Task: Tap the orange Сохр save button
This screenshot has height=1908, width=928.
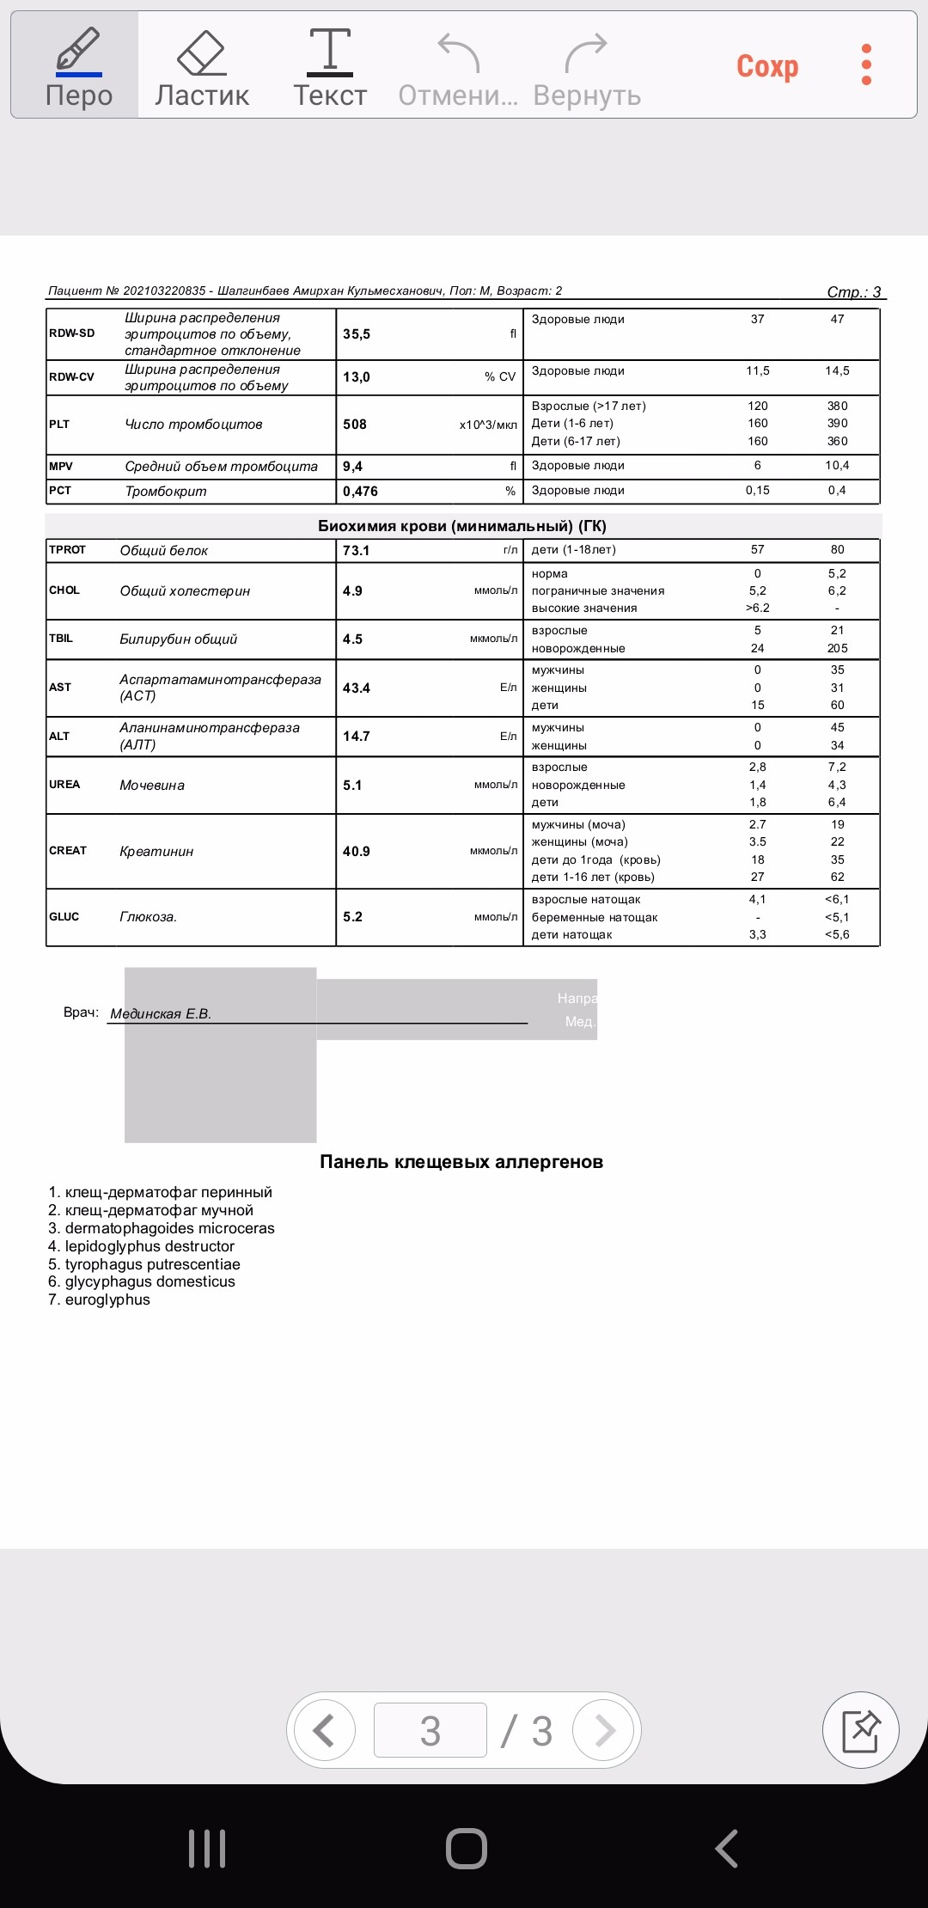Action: click(767, 66)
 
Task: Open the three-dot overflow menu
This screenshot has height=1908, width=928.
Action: click(866, 65)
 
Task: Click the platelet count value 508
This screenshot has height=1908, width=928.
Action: click(355, 425)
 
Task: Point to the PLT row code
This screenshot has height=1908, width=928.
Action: click(59, 425)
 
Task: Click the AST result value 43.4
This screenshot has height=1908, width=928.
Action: click(357, 688)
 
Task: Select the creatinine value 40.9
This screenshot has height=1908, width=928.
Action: click(357, 852)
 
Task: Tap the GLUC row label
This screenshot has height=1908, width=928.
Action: click(64, 917)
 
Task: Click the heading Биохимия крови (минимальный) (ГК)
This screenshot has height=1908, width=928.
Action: click(462, 526)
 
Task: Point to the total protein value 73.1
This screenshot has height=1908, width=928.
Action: click(356, 551)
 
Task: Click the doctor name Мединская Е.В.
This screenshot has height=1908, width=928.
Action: click(161, 1014)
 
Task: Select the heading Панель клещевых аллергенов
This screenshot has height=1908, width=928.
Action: click(461, 1162)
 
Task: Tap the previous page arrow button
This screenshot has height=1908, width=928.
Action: click(324, 1730)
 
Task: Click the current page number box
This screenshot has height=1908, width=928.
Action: click(430, 1730)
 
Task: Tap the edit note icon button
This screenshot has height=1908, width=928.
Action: click(860, 1730)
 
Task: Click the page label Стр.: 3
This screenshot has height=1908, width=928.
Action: click(854, 292)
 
